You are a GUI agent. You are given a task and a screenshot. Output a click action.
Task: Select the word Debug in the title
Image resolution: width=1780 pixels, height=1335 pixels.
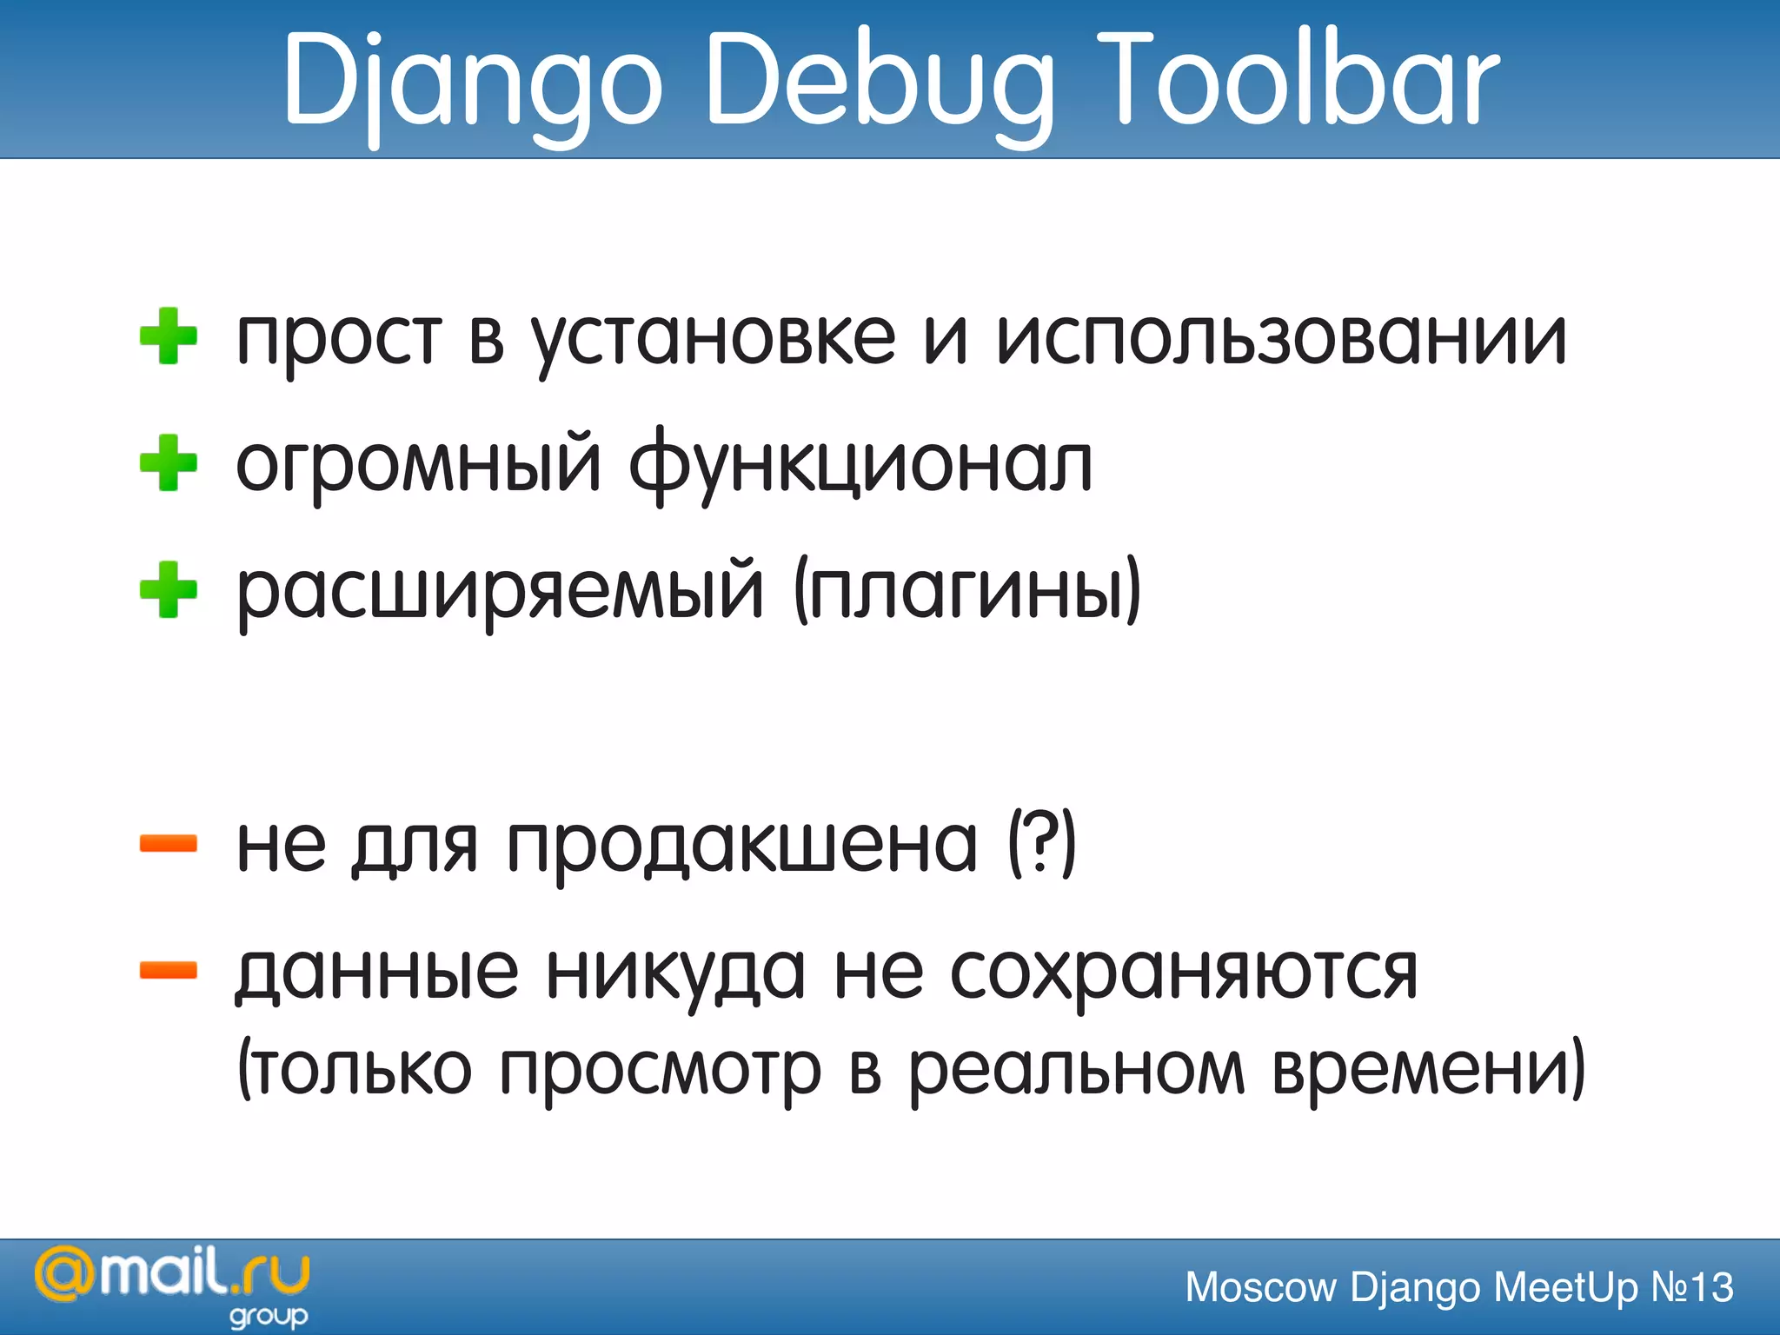coord(880,83)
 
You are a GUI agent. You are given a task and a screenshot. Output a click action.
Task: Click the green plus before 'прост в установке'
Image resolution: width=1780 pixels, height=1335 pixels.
coord(169,336)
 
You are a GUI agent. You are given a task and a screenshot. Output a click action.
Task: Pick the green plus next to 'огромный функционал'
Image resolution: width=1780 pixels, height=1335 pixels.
coord(169,463)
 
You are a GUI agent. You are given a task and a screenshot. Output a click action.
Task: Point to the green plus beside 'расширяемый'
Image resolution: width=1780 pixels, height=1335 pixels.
coord(169,590)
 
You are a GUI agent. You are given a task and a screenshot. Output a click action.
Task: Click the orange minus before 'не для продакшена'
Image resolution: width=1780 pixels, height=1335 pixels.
coord(169,843)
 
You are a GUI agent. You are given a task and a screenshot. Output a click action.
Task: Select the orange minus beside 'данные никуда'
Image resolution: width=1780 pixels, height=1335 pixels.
coord(169,970)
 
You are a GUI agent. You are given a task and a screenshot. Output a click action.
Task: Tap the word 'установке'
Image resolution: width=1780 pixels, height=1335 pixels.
coord(713,339)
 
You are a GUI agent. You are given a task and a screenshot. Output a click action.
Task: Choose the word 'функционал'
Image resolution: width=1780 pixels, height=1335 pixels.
coord(860,465)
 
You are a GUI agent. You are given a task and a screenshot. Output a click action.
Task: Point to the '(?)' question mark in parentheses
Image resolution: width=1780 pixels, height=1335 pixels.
coord(1041,843)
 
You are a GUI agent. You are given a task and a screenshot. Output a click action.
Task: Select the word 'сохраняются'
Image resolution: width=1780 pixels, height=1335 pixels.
coord(1184,973)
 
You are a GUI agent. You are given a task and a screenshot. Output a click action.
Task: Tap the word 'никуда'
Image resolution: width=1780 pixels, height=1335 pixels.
coord(675,973)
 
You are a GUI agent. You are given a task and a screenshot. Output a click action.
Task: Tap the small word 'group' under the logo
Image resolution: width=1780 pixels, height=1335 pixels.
coord(269,1317)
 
